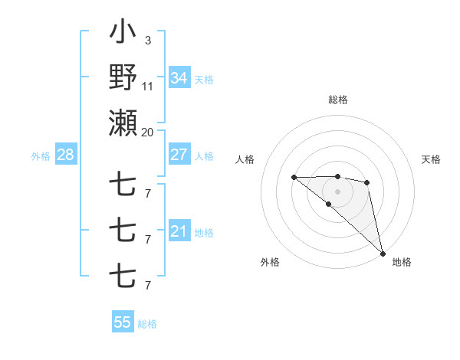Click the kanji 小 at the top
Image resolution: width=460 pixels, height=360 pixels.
tap(123, 33)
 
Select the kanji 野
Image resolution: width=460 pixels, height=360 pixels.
tap(123, 77)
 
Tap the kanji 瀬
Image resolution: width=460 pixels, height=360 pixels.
tap(123, 123)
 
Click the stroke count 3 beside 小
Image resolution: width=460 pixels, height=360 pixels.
tap(147, 40)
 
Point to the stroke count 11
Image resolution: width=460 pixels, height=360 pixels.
tap(148, 87)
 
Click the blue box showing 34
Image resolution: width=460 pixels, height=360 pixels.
tap(179, 78)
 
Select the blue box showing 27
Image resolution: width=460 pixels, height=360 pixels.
tap(179, 155)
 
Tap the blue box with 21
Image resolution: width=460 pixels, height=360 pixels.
tap(179, 231)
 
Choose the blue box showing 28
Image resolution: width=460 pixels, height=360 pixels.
tap(65, 155)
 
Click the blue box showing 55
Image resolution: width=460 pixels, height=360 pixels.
tap(122, 322)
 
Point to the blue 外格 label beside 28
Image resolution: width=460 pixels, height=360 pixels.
tap(41, 156)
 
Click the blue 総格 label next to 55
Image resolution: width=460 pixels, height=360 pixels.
tap(147, 324)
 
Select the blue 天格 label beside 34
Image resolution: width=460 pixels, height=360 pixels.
tap(204, 79)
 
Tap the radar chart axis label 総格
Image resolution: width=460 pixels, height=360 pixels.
tap(338, 100)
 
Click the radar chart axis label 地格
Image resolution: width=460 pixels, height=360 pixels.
tap(402, 262)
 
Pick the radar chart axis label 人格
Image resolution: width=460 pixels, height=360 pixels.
tap(245, 159)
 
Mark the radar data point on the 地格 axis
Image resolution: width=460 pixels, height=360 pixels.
tap(383, 253)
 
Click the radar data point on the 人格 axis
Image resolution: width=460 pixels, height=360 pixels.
tap(294, 177)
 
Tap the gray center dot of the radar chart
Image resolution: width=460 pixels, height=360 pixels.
tap(338, 191)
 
